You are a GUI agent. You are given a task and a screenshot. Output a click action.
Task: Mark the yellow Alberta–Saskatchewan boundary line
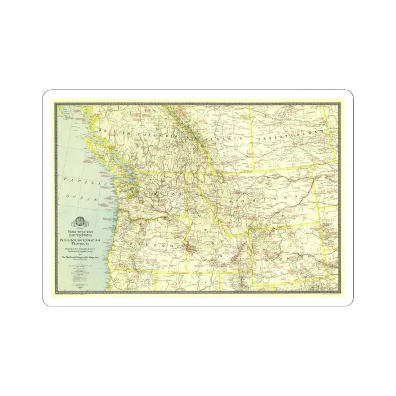[x=252, y=140]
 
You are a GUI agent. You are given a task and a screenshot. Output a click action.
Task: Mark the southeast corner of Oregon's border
[x=186, y=272]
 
